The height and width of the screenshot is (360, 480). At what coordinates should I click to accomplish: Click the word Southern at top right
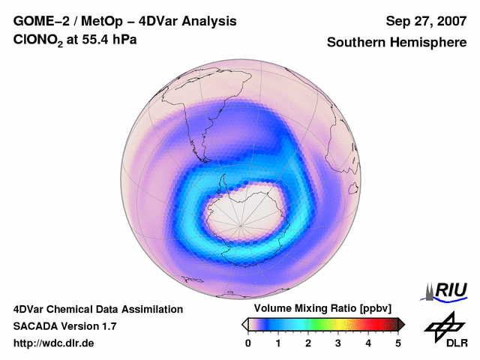[x=356, y=43]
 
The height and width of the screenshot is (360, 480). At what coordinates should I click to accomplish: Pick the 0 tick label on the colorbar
[x=248, y=343]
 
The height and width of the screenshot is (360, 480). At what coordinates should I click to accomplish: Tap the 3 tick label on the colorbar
[x=338, y=343]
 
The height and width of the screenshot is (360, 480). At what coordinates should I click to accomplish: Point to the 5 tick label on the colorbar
[x=398, y=343]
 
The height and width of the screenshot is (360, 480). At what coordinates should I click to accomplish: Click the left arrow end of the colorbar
[x=244, y=324]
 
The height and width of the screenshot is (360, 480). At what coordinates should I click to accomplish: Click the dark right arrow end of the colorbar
[x=401, y=324]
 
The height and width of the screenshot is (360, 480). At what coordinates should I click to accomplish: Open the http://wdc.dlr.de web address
[x=54, y=343]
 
